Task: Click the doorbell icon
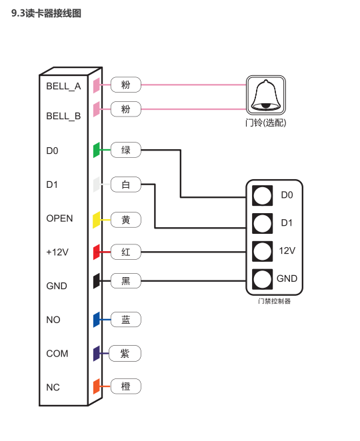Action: (x=266, y=95)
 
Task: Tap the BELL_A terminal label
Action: (x=63, y=86)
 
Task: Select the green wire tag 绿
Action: (x=125, y=150)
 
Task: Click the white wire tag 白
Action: (x=125, y=185)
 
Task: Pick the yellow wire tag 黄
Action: (x=125, y=220)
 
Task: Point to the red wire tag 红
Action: (x=125, y=252)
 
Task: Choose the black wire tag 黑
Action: (x=125, y=280)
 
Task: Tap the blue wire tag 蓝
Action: (x=125, y=320)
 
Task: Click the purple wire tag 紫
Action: (x=125, y=353)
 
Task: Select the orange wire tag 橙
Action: (x=125, y=386)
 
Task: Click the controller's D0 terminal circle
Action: (x=262, y=195)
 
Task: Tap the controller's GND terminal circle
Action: (x=262, y=279)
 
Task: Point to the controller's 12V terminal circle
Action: (x=262, y=251)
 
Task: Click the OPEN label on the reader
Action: (x=59, y=219)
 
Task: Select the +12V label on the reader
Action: (x=57, y=252)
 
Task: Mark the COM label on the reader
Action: (x=57, y=353)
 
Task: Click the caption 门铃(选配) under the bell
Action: (x=266, y=123)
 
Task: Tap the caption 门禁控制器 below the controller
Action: (x=274, y=301)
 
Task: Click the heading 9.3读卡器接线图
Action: (x=46, y=13)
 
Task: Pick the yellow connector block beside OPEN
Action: (x=96, y=220)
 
